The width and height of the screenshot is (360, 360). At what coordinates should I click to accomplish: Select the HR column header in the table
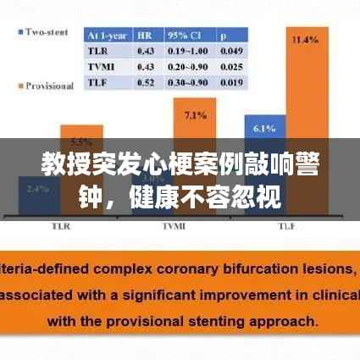pyautogui.click(x=145, y=36)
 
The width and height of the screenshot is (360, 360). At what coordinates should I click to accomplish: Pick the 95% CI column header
pyautogui.click(x=183, y=36)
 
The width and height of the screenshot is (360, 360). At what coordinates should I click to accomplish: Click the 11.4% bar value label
pyautogui.click(x=304, y=39)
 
